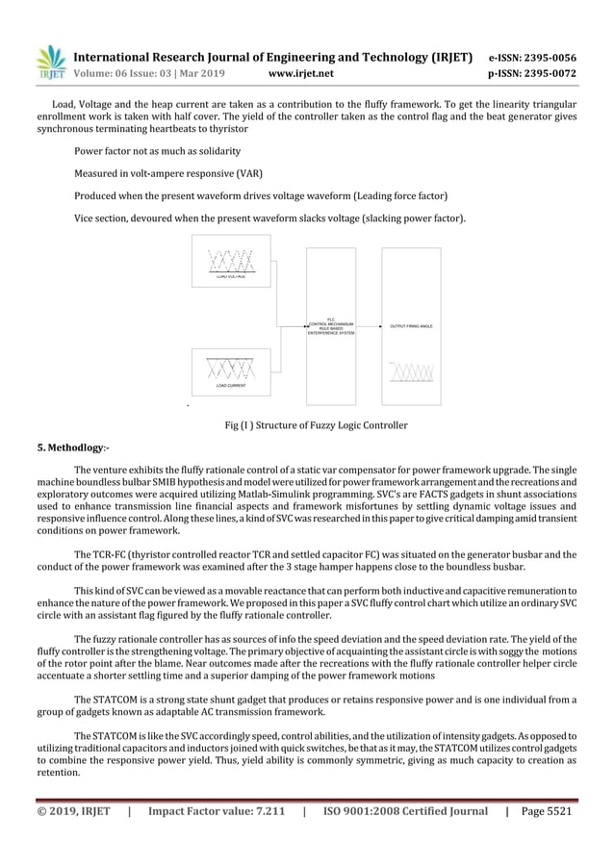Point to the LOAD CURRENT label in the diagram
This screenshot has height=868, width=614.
(x=231, y=385)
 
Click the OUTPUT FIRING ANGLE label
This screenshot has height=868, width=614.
(x=411, y=326)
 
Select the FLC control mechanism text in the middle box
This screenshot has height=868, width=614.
(x=330, y=326)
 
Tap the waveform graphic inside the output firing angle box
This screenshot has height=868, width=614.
(x=412, y=370)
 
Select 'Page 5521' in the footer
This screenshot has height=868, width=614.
(x=546, y=811)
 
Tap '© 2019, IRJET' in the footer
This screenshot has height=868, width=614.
(x=73, y=811)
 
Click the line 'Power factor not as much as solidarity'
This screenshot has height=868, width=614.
(x=157, y=151)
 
